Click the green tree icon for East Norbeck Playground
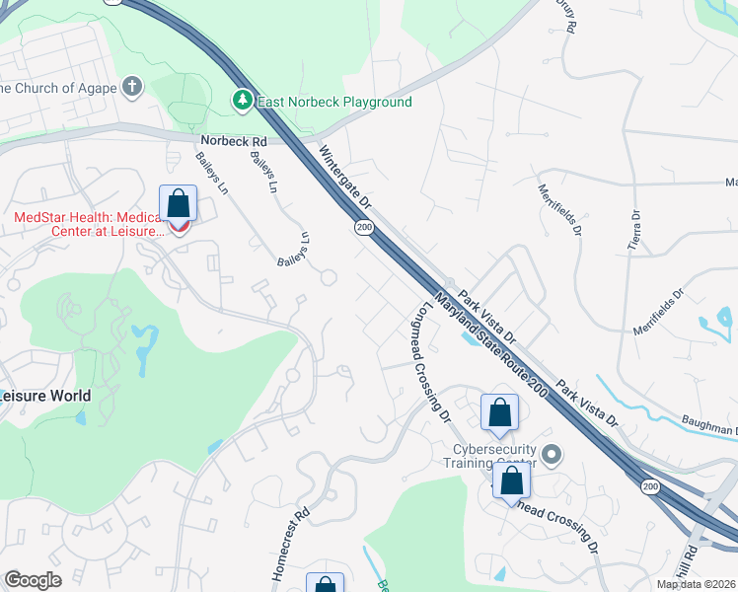coord(242,101)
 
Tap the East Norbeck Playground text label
coord(333,102)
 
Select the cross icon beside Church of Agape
coord(132,87)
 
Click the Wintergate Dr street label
coord(344,179)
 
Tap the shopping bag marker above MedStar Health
coord(179,204)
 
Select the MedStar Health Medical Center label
coord(89,224)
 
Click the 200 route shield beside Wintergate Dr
coord(365,228)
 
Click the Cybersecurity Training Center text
coord(487,455)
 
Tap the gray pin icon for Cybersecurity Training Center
coord(552,455)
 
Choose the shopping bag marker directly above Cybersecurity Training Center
coord(500,412)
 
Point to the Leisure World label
coord(45,396)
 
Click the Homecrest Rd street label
coord(289,544)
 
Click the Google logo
coord(33,580)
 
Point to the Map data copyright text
coord(697,584)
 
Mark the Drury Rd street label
coord(564,15)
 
